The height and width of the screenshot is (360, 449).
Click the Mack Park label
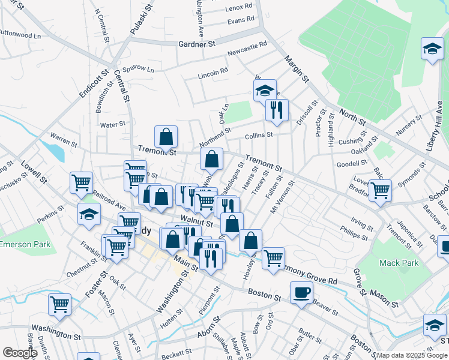click(x=393, y=263)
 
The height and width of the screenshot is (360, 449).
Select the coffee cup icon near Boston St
click(x=301, y=293)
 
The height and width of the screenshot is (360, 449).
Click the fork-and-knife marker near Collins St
click(x=277, y=109)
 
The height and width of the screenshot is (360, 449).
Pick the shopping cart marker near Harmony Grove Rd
click(x=273, y=258)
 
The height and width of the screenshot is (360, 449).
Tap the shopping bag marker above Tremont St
click(x=166, y=137)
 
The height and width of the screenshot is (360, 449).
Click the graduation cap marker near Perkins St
click(x=89, y=213)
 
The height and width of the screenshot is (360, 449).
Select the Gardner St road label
click(x=197, y=44)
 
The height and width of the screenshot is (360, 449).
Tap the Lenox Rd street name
click(x=240, y=7)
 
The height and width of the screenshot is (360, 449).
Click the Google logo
click(x=20, y=352)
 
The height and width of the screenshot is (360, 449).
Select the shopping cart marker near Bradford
click(x=380, y=190)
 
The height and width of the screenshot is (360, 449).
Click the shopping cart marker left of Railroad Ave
click(x=81, y=182)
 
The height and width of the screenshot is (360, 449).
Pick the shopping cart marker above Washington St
click(x=59, y=304)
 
